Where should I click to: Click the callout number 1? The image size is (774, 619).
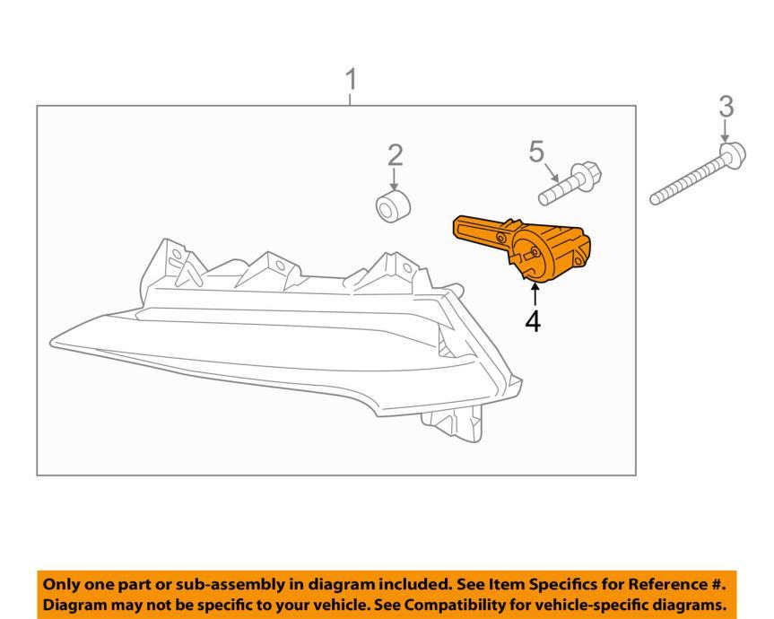[x=352, y=80]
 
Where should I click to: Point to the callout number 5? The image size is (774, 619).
[x=536, y=152]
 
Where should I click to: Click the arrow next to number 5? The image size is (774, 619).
[x=552, y=169]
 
